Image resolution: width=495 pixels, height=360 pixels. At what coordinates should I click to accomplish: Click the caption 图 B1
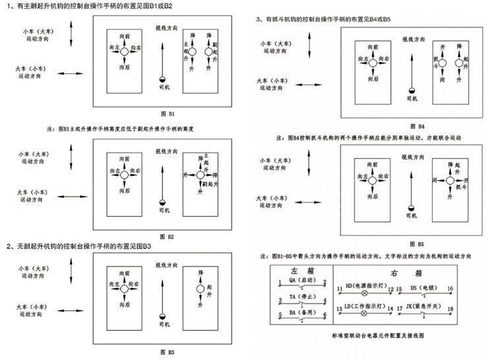(166, 114)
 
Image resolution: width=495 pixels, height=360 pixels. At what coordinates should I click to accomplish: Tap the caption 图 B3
(166, 351)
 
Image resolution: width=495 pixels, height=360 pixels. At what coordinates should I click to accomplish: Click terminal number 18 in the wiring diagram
(449, 308)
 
